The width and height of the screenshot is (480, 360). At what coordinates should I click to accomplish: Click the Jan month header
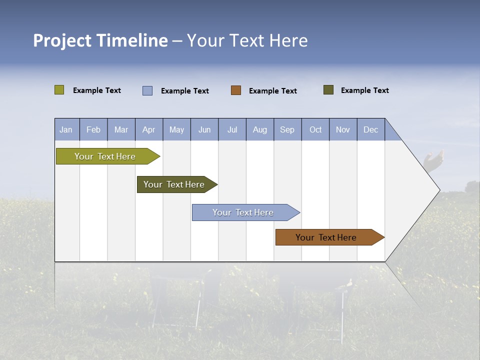click(66, 129)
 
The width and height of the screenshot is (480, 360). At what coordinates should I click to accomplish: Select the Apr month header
click(149, 129)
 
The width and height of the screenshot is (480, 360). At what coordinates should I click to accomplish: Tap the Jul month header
click(232, 129)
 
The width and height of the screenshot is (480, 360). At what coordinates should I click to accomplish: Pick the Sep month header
click(287, 129)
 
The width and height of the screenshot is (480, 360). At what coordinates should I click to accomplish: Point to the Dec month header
click(370, 129)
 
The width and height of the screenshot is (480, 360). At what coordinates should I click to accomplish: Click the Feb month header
click(93, 129)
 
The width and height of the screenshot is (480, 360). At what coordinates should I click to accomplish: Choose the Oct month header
click(315, 129)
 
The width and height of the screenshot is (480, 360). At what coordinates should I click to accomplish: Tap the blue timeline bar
click(243, 212)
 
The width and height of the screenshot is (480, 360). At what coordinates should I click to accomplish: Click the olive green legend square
click(59, 90)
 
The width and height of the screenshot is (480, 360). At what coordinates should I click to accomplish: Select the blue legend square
click(147, 90)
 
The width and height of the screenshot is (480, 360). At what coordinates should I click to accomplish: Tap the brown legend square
click(236, 90)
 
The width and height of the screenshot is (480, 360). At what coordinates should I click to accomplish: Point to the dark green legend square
click(328, 90)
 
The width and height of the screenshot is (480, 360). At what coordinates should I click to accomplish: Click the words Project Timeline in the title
click(100, 40)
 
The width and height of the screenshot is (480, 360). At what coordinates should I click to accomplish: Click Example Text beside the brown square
click(273, 91)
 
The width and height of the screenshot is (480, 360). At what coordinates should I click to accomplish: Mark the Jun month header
click(204, 129)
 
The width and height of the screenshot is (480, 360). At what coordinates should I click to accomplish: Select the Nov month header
click(343, 129)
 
